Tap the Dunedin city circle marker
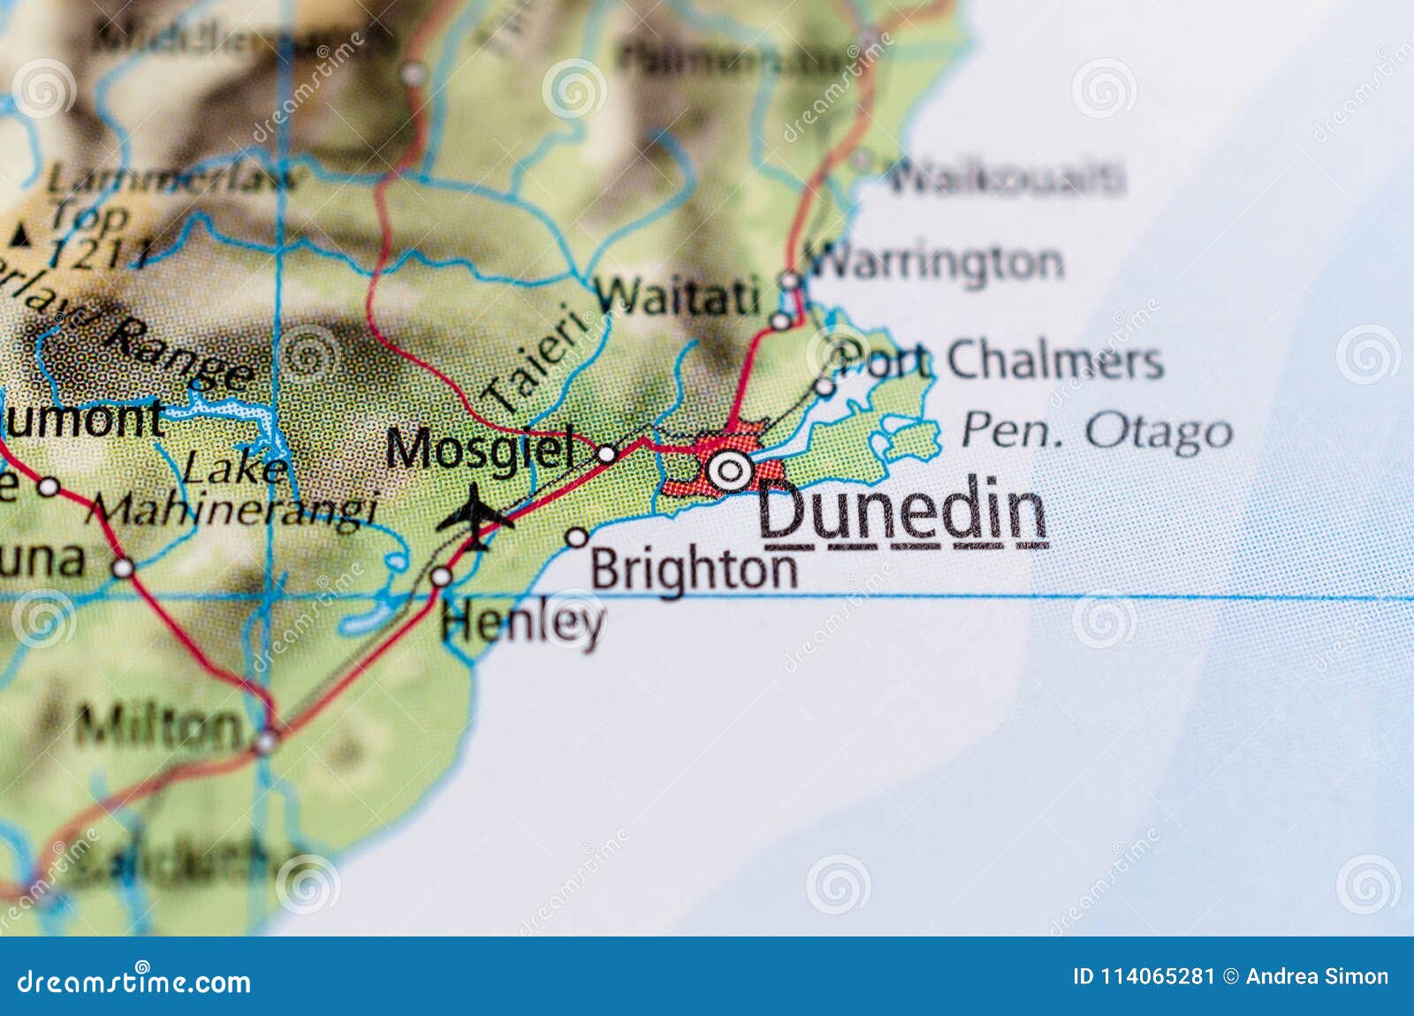[730, 470]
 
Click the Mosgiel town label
[479, 449]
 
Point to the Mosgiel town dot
[607, 454]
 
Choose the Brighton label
[694, 570]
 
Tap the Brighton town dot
[577, 536]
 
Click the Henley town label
[522, 622]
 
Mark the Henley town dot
[441, 577]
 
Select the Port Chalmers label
[999, 360]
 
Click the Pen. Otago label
[1096, 431]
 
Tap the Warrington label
[935, 262]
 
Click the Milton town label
[159, 727]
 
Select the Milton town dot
[265, 741]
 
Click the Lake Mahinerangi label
[234, 490]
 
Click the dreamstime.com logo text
[134, 982]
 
